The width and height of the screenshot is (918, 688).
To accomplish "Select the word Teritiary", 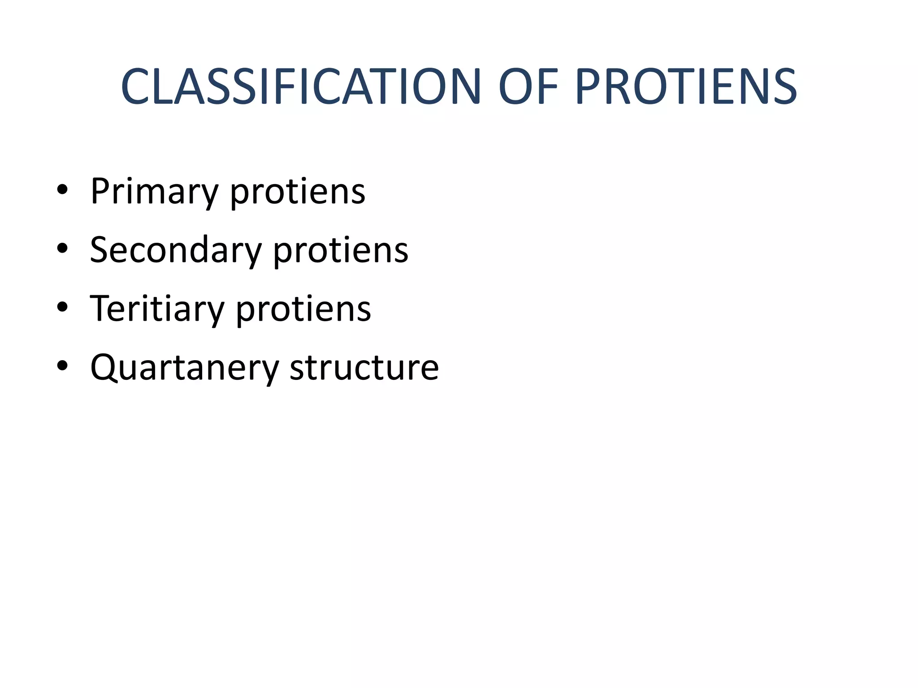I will tap(157, 309).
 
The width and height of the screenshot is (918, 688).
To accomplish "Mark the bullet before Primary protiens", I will tap(62, 190).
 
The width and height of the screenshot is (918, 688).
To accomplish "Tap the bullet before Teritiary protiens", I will tap(62, 307).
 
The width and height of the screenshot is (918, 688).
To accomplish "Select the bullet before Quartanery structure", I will tap(62, 365).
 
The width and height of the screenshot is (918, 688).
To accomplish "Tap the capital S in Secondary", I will tap(99, 249).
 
